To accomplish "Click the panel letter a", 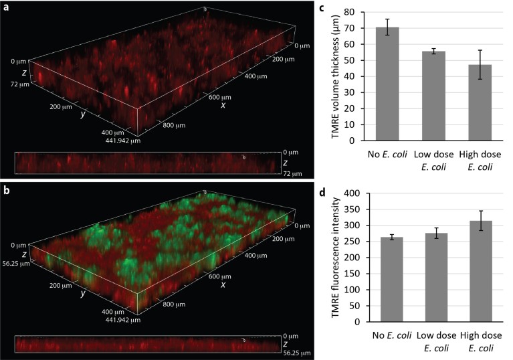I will coord(5,7).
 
